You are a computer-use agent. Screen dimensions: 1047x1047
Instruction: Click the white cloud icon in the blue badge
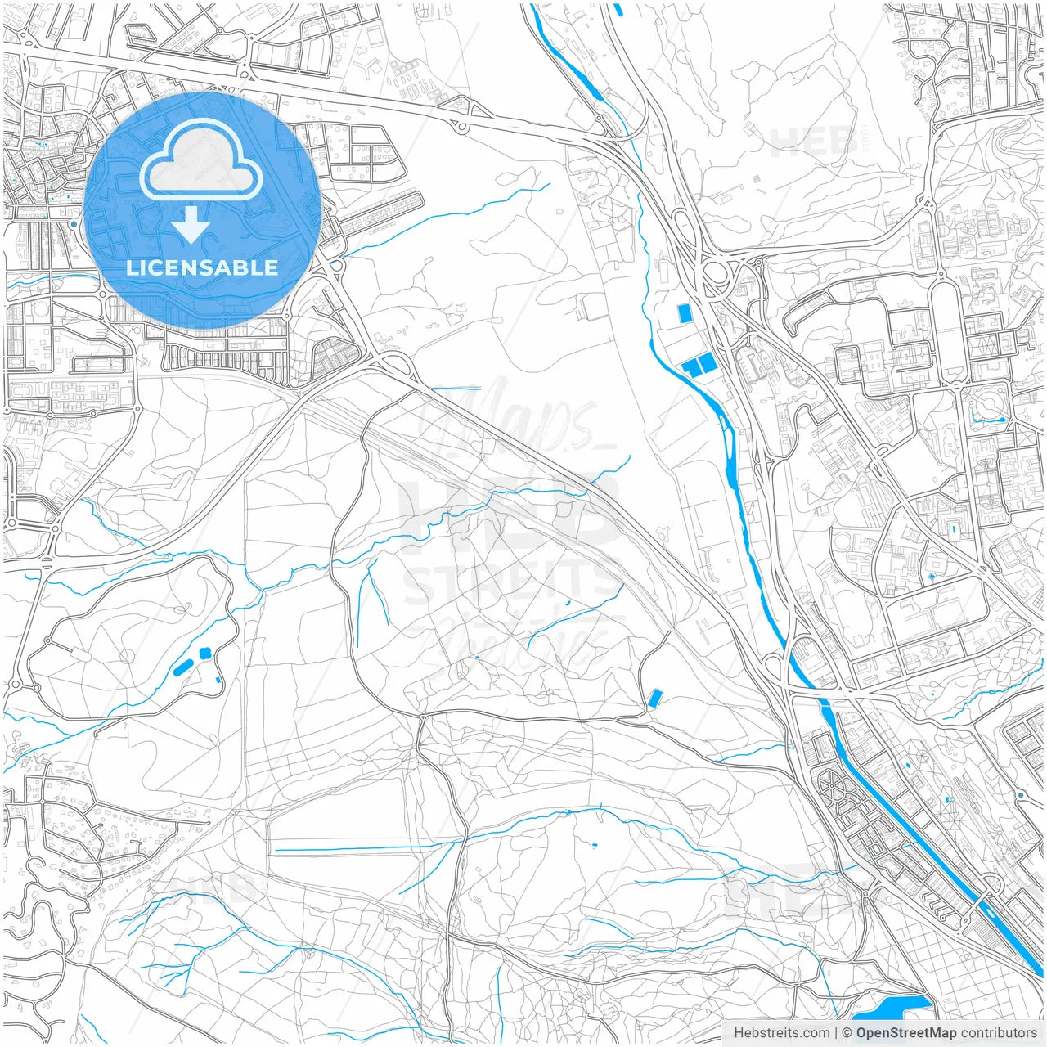[x=201, y=160]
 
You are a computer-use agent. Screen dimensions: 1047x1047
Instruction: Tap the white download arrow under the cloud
[x=191, y=225]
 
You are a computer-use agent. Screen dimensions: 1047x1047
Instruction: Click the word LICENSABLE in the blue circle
[x=201, y=267]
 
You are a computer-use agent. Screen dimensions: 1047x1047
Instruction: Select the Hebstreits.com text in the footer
[x=781, y=1033]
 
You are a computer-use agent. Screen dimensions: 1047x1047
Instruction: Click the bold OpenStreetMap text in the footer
[x=906, y=1033]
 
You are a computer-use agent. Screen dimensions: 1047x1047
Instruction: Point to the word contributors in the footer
[x=999, y=1033]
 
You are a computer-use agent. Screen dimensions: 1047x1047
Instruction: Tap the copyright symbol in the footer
[x=847, y=1033]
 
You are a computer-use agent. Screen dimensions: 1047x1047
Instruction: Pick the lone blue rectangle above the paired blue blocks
[x=684, y=313]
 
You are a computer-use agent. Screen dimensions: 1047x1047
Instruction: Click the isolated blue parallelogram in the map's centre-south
[x=654, y=698]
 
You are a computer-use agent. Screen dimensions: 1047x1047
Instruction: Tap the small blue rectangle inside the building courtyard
[x=954, y=530]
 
